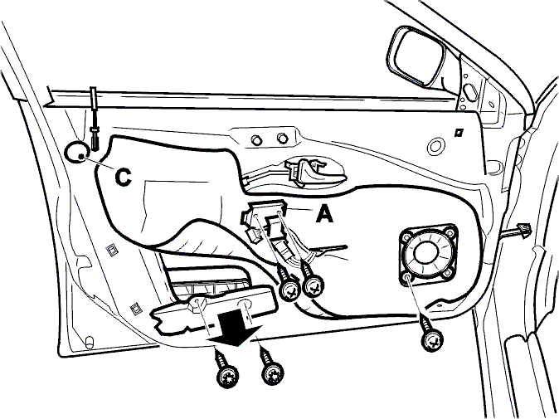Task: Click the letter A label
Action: [x=324, y=215]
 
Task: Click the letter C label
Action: [x=124, y=177]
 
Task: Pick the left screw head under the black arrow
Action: [x=228, y=375]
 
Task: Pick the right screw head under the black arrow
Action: [x=273, y=373]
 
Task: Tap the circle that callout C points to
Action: [x=76, y=152]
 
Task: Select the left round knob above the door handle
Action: [x=256, y=139]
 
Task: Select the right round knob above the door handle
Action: [x=283, y=138]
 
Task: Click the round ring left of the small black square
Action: [x=435, y=146]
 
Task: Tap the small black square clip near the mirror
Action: [x=458, y=133]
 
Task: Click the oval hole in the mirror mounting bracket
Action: [x=470, y=91]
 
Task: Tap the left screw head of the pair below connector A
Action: [x=291, y=290]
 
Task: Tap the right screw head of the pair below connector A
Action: [x=314, y=286]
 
